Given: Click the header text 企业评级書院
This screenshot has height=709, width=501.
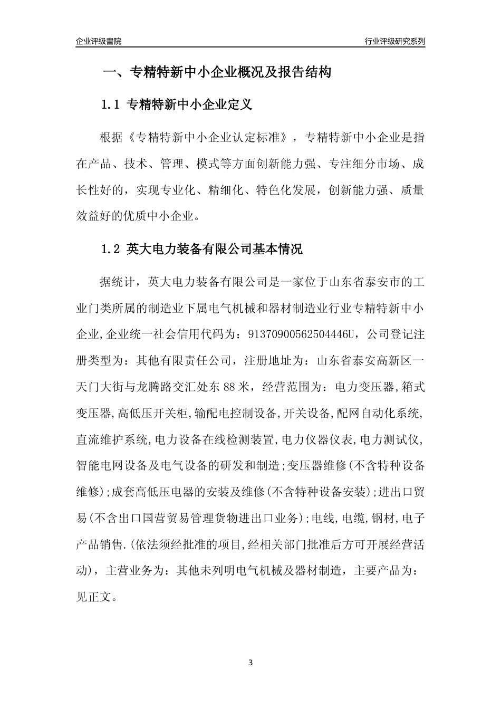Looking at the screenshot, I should point(99,41).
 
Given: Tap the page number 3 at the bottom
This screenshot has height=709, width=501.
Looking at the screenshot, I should point(250,663).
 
